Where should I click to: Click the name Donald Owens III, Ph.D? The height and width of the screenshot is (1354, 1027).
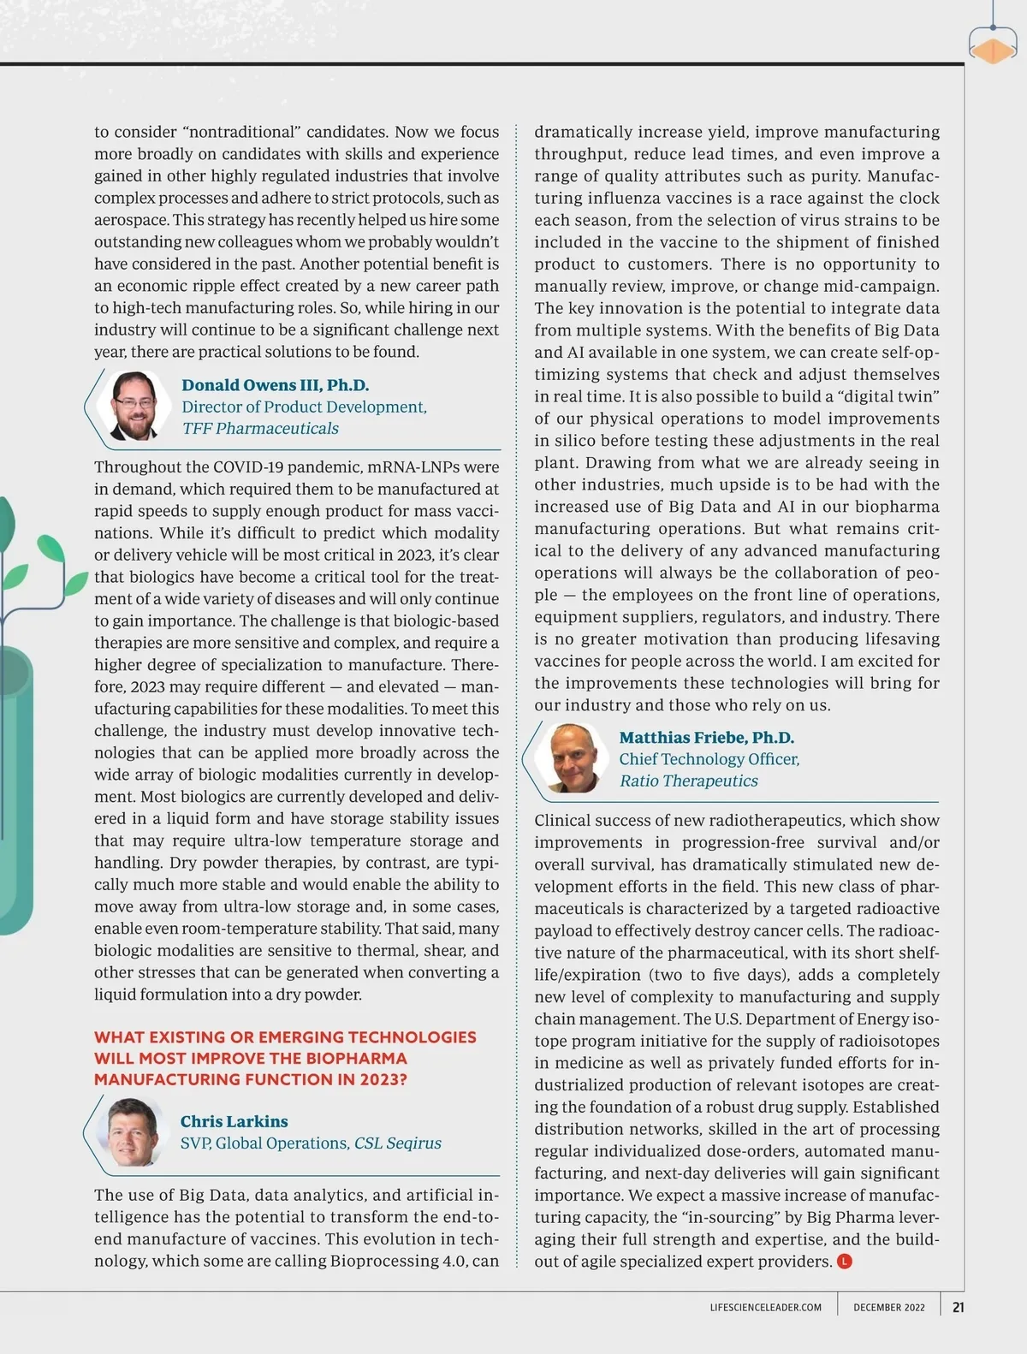pos(275,385)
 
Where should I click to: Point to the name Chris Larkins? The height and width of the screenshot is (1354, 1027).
pos(234,1121)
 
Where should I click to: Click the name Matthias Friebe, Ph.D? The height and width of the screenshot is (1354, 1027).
pos(706,738)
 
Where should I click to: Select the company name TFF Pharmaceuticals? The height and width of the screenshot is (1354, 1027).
pos(260,428)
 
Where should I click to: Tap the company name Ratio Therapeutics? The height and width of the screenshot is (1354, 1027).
pos(688,781)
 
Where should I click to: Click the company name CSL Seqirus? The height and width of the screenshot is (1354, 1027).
pos(397,1143)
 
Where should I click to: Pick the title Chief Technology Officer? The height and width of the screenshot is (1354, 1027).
pos(709,759)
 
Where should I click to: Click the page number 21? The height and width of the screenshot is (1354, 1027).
pos(958,1307)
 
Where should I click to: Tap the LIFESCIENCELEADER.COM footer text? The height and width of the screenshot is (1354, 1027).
pos(765,1308)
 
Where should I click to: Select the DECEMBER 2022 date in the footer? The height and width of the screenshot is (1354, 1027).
pos(888,1308)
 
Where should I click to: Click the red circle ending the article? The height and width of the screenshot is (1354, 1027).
pos(844,1261)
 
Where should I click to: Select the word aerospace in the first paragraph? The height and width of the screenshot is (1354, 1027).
pos(131,220)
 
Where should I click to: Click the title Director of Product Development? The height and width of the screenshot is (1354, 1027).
pos(304,407)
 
